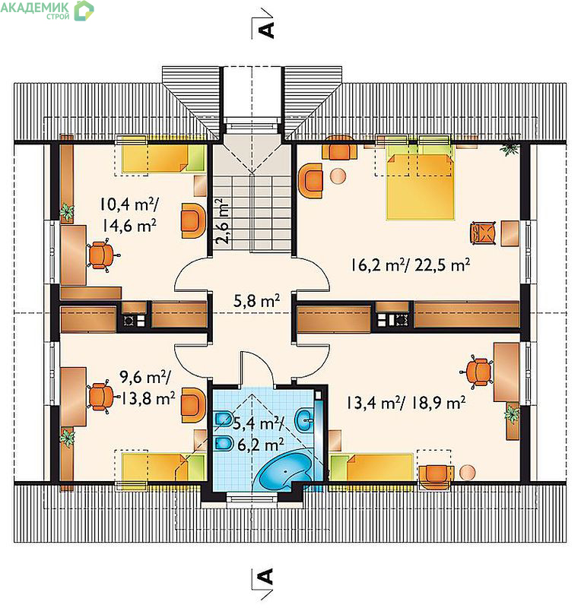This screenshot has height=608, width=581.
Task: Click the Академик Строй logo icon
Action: tap(84, 11)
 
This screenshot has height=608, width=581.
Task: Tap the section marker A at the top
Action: tap(266, 30)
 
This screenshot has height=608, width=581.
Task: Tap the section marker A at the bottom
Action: tap(266, 576)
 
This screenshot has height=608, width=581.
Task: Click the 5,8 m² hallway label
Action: tap(256, 301)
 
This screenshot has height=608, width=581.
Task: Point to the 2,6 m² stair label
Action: tap(222, 221)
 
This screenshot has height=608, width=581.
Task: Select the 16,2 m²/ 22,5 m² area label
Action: tap(411, 265)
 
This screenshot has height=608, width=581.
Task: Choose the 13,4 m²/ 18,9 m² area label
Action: tap(406, 403)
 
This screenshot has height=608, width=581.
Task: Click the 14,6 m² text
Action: tap(129, 225)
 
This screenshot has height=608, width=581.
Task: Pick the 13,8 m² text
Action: tap(148, 398)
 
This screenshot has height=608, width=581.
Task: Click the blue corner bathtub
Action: tap(286, 469)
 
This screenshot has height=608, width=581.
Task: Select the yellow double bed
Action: tap(420, 187)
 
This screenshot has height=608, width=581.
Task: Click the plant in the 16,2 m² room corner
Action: tap(510, 147)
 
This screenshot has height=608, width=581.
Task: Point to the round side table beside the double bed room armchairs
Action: tap(338, 176)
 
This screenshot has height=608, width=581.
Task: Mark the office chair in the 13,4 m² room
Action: tap(478, 372)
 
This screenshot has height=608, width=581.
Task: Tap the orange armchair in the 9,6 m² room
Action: tap(193, 405)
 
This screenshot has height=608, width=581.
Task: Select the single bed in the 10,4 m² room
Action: tap(164, 159)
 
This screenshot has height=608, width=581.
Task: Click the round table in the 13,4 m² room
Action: tap(467, 473)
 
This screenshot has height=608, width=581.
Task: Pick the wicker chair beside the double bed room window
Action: tap(483, 233)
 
